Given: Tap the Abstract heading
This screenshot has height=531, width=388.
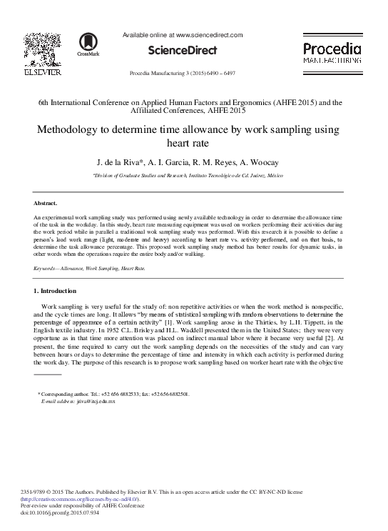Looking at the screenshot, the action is (x=46, y=203).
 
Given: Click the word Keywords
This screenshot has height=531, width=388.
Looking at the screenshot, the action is (x=46, y=268).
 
